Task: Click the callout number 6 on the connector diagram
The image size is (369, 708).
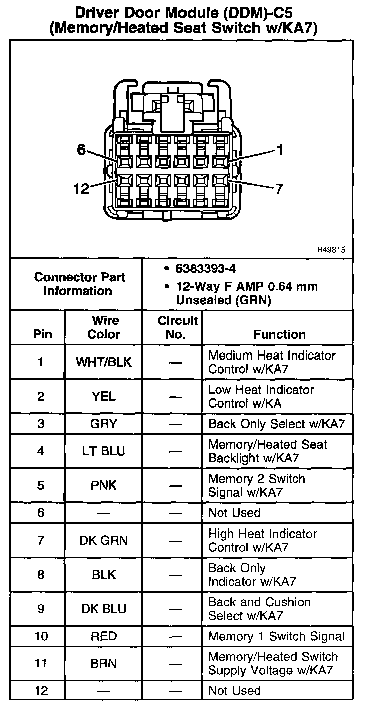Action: pos(82,149)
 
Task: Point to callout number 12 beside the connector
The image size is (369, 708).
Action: pos(81,189)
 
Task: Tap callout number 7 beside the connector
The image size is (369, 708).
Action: pos(279,189)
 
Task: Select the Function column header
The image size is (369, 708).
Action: pos(279,334)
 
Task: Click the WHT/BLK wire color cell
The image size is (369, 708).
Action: pos(104,362)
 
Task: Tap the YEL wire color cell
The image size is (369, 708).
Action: pos(104,396)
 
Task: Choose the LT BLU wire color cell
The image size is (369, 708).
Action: pos(104,451)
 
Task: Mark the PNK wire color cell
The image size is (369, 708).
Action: pos(104,485)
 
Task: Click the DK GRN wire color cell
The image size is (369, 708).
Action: pos(104,541)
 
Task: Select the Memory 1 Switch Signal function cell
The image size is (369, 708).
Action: pos(276,637)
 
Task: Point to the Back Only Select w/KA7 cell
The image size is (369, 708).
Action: pos(276,424)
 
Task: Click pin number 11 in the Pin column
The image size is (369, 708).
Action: pos(41,663)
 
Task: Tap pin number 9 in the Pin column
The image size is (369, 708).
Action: pos(41,609)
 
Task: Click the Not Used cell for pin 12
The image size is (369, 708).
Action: pos(234,691)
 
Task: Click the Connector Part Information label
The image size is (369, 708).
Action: pos(79,284)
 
